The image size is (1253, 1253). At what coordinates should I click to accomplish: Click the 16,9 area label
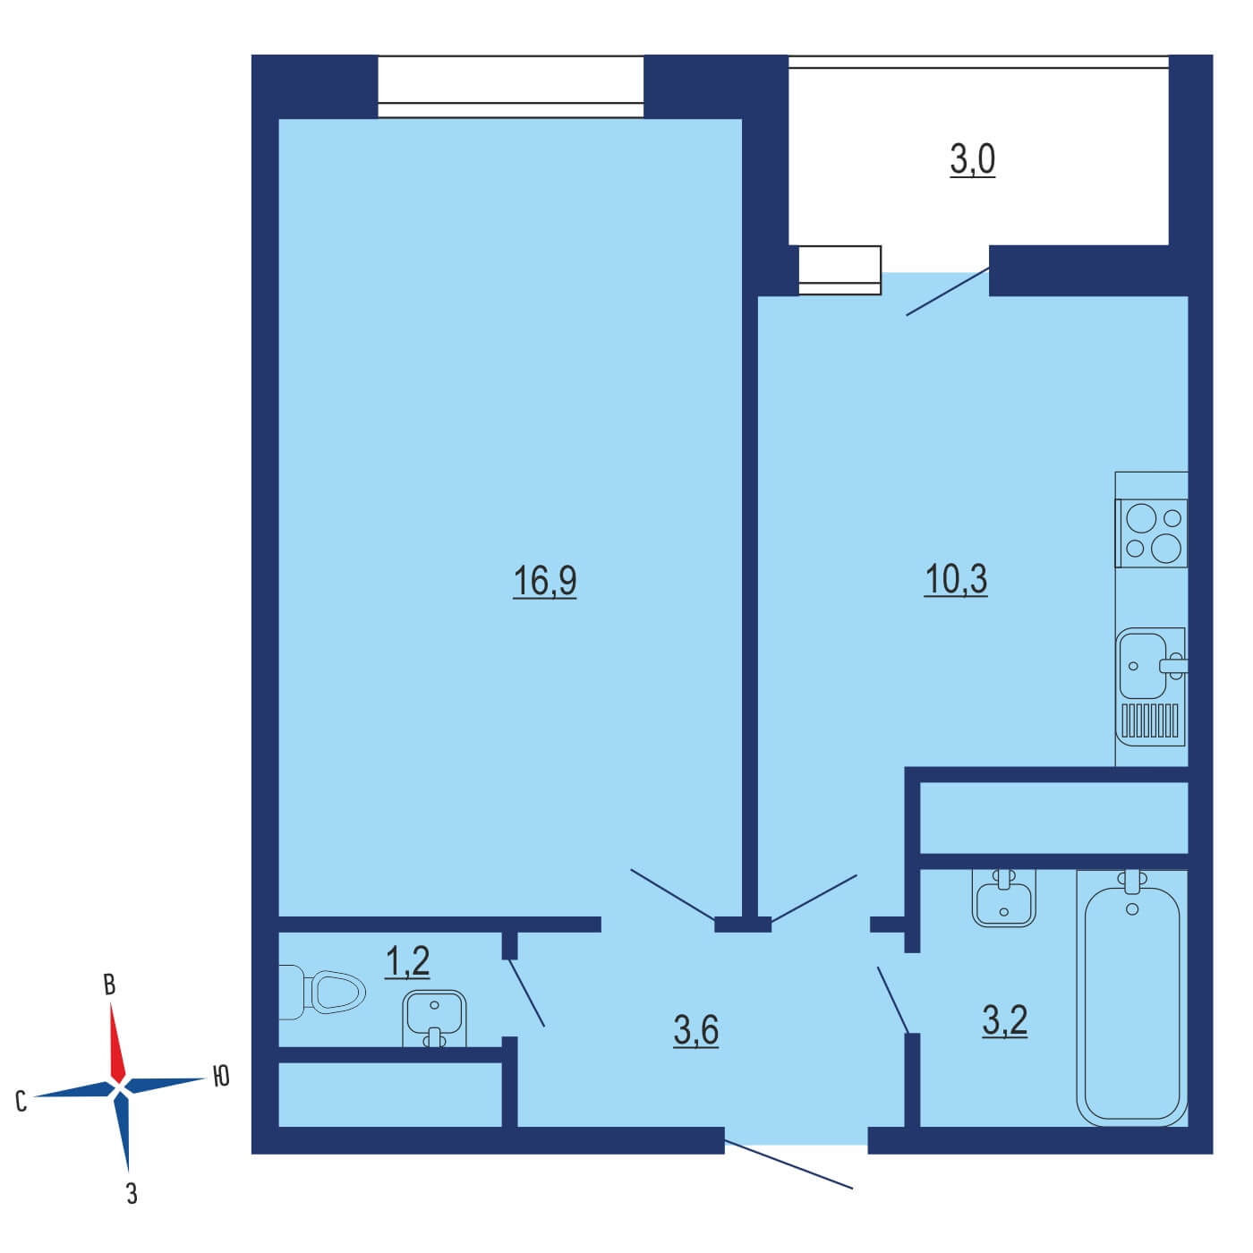544,581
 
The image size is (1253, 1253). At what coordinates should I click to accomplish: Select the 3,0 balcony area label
972,160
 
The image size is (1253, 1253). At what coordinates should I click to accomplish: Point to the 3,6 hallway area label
695,1031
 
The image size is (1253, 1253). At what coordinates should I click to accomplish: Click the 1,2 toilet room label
407,962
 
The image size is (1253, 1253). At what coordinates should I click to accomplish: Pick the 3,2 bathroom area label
1004,1020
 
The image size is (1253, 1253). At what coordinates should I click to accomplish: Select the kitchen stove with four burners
1152,533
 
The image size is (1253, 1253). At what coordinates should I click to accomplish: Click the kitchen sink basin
1142,665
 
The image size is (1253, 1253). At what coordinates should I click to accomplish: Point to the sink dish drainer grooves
1152,720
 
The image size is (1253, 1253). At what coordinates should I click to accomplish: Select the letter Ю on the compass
221,1077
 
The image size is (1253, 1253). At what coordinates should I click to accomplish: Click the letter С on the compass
21,1102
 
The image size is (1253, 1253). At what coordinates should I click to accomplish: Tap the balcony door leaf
948,291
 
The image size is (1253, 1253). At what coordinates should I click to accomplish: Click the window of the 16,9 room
510,87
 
